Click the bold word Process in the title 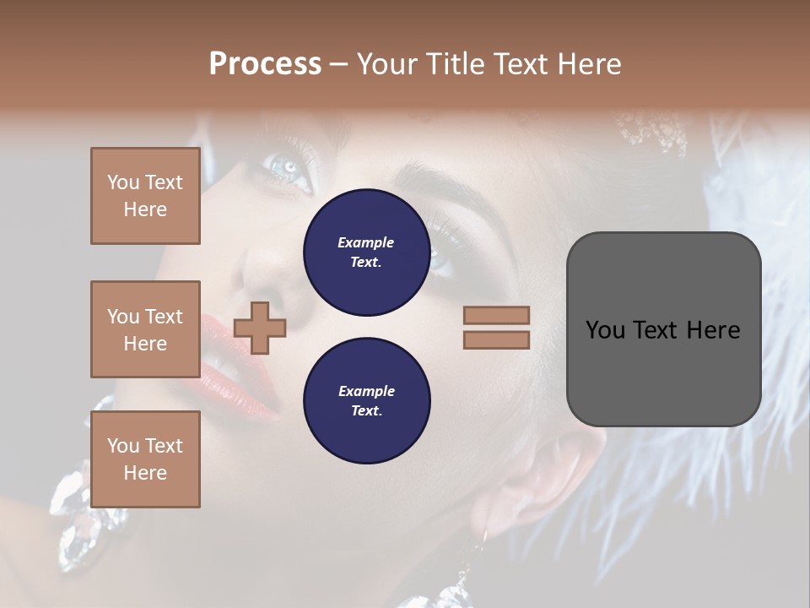pos(265,63)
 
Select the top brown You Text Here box pos(145,196)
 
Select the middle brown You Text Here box pos(145,329)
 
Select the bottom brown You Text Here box pos(145,459)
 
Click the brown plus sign pos(260,328)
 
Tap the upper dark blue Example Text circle pos(366,252)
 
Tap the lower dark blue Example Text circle pos(366,400)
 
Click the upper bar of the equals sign pos(496,316)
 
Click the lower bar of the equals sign pos(496,339)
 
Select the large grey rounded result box pos(663,329)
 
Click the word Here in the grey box pos(714,329)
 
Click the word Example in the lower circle pos(366,391)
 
